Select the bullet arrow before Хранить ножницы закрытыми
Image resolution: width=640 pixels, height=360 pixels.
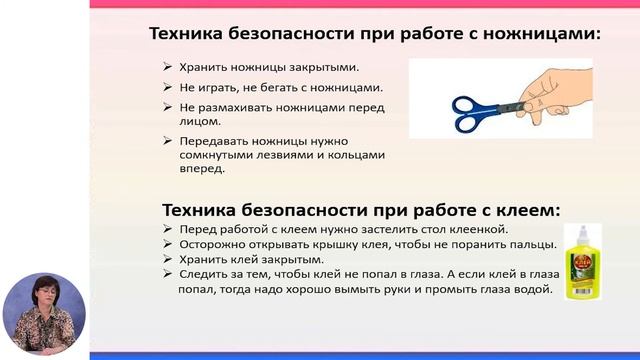coord(167,68)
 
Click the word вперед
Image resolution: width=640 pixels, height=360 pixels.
coord(202,169)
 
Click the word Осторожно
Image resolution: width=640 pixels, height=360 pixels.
coord(215,244)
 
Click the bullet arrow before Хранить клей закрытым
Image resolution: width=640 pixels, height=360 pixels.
coord(167,259)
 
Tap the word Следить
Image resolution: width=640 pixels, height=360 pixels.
coord(206,273)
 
